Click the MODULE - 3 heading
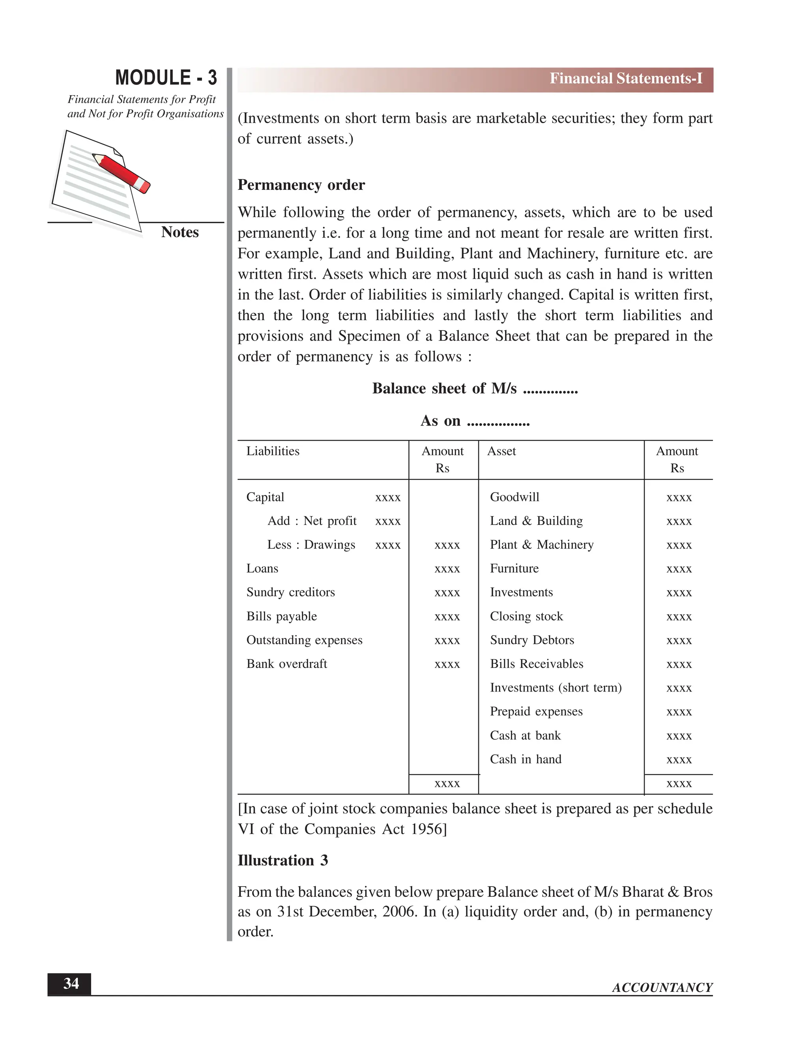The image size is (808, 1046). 166,78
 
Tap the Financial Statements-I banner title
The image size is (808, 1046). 625,79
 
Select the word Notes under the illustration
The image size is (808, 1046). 180,232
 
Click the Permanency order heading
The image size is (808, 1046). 301,185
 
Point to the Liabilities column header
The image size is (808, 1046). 273,451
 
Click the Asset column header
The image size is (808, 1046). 501,451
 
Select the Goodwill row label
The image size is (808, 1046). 514,497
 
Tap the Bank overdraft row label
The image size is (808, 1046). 287,664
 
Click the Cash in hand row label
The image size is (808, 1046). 525,759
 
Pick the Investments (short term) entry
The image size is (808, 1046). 555,688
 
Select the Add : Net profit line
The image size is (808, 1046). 312,521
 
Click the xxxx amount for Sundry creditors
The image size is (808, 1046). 447,593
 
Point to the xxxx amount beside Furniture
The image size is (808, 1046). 679,569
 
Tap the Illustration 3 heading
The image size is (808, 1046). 282,860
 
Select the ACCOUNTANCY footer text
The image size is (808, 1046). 662,988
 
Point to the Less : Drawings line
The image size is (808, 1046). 311,545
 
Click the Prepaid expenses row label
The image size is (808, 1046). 536,712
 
